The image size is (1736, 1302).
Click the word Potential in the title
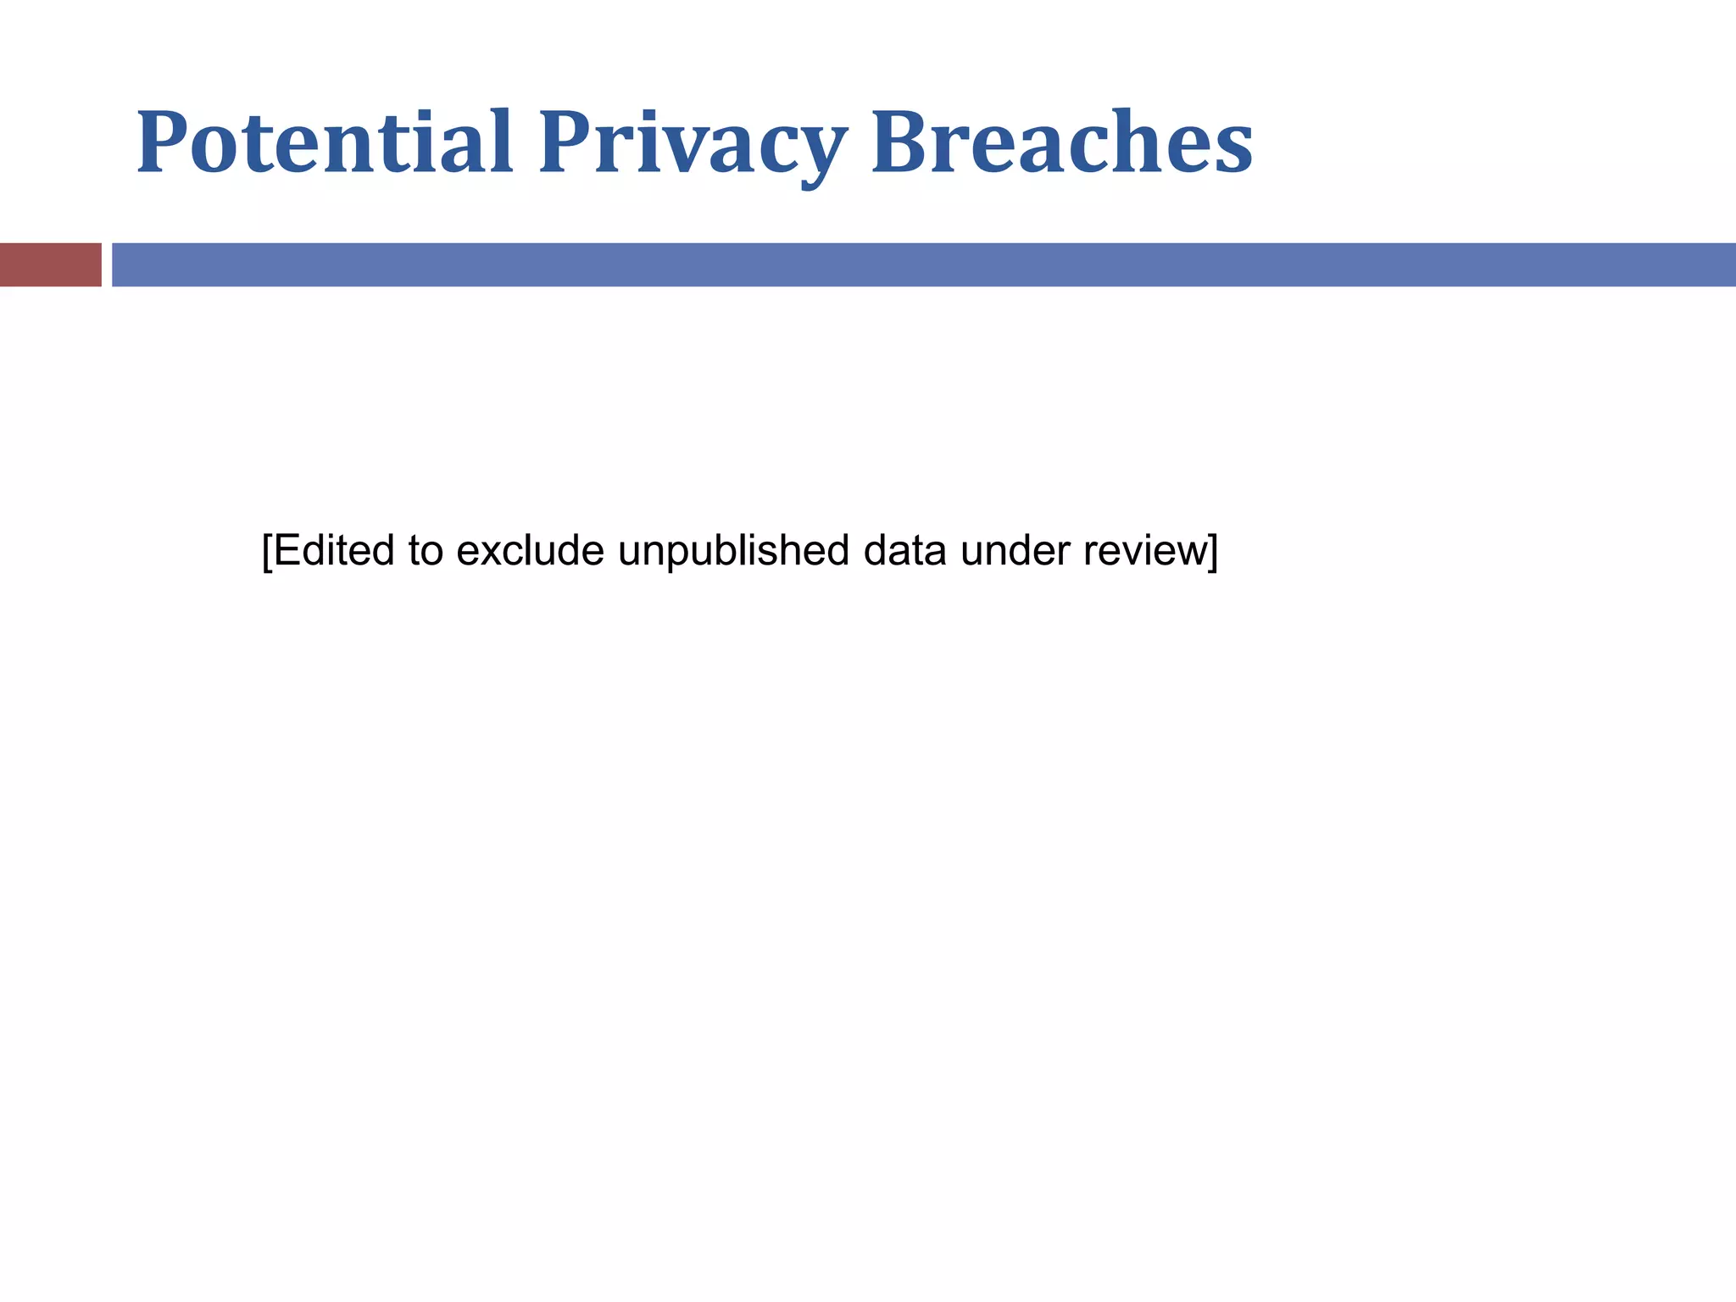[325, 142]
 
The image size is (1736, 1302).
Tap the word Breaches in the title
[1062, 142]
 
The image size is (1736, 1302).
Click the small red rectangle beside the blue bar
[51, 264]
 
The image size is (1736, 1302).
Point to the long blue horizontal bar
[923, 264]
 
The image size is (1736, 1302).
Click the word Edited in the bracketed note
[334, 551]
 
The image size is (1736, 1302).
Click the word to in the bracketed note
[426, 551]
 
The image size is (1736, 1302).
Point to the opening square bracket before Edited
[267, 552]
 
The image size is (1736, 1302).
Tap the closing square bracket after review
[1213, 552]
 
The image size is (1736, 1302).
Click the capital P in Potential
[160, 142]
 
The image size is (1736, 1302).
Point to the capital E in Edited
[287, 551]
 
